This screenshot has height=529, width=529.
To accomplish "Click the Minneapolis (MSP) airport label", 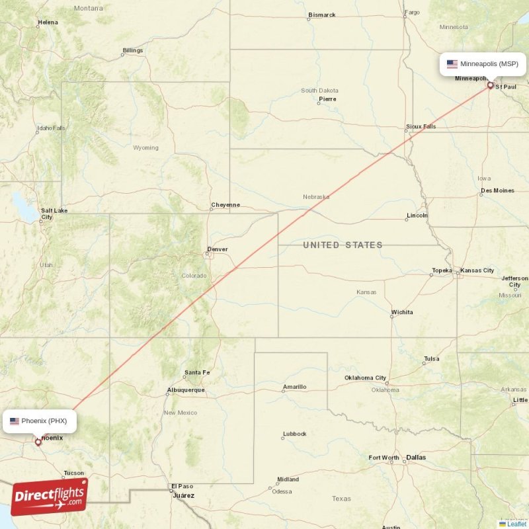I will [x=489, y=64].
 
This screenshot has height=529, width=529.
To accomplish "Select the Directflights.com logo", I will [x=49, y=497].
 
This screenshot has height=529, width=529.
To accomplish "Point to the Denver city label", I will [x=217, y=249].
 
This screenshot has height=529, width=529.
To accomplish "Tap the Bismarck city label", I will [x=322, y=15].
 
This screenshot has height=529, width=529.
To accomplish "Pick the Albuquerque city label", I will [x=186, y=390].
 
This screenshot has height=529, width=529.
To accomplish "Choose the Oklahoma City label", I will [x=365, y=378].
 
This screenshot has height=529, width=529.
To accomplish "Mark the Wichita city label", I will [x=402, y=311].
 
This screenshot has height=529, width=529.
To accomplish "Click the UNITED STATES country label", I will [x=343, y=245].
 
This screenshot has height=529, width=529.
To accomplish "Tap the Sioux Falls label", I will [x=421, y=126].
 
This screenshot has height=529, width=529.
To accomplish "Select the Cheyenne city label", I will [x=225, y=205].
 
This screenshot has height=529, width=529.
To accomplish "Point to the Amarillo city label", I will [x=294, y=387].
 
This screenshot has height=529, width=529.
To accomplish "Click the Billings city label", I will [x=132, y=50].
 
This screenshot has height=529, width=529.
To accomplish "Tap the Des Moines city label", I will [x=497, y=190].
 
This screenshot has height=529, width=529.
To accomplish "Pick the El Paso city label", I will [x=182, y=486].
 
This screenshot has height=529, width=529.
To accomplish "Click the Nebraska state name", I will [x=316, y=197].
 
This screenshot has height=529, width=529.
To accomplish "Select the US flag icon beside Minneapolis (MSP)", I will [x=452, y=64].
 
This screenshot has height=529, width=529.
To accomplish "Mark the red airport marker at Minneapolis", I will [x=490, y=85].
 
